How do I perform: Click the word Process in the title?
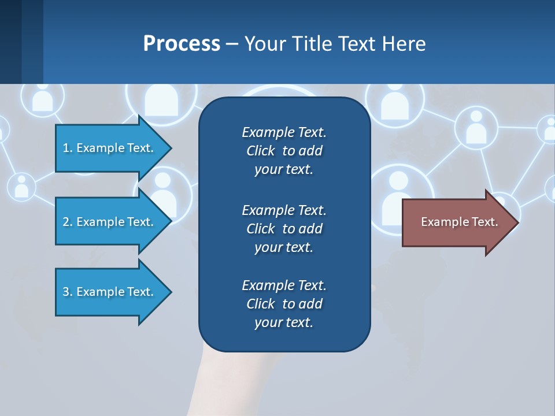[182, 44]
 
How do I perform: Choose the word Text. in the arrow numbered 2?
[140, 222]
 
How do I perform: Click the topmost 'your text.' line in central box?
[284, 170]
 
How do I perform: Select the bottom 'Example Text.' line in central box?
[284, 285]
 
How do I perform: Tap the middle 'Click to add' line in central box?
[284, 229]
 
